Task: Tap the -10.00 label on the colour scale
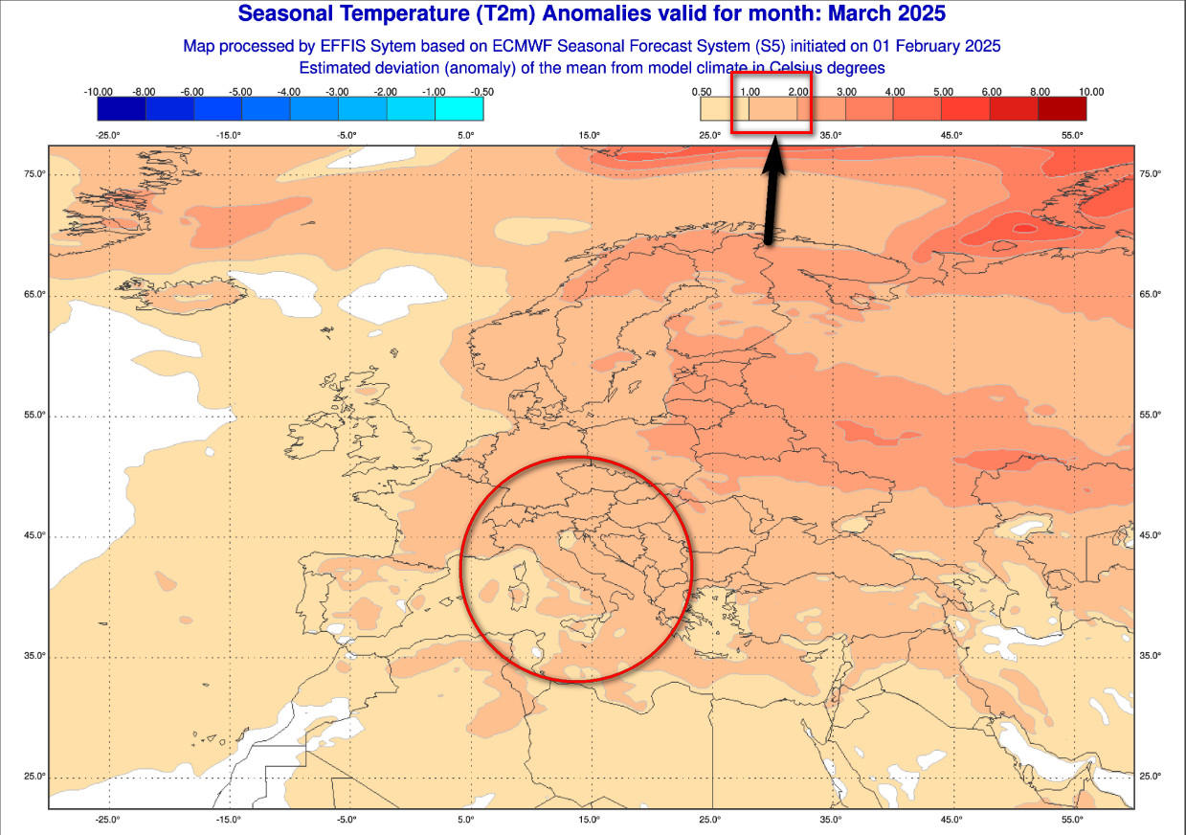(99, 92)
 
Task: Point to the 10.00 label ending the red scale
(1090, 92)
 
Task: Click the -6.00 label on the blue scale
(192, 92)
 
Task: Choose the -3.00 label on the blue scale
(337, 92)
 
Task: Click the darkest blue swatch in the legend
(122, 109)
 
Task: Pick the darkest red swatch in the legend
(1063, 109)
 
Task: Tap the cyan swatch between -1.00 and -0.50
(459, 109)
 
